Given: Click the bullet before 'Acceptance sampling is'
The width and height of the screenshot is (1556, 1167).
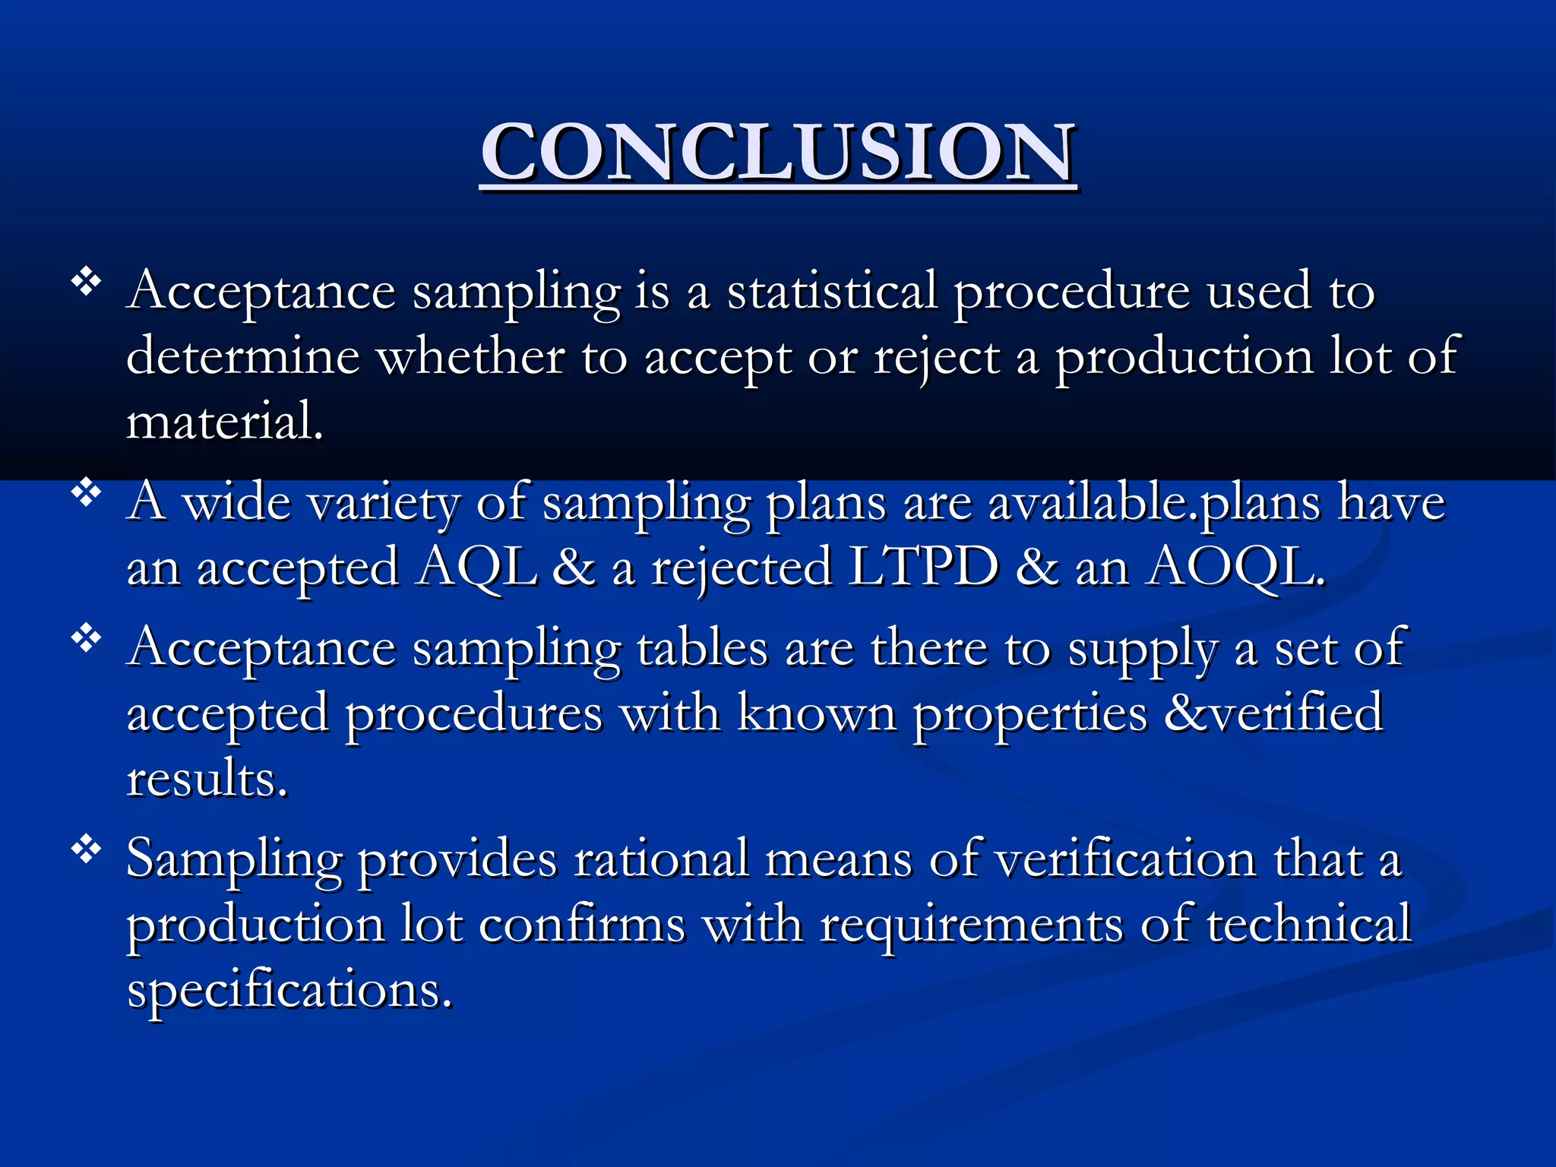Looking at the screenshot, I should coord(87,283).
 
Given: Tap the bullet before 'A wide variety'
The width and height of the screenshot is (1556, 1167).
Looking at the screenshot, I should coord(87,494).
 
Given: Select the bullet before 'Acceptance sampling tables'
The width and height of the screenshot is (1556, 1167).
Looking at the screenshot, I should coord(87,640).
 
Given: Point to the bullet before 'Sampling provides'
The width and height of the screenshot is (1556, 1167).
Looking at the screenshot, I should coord(87,850).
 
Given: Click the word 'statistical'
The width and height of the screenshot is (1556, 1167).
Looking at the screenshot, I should coord(832,291).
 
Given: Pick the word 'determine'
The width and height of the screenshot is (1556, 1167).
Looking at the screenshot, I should coord(242,356).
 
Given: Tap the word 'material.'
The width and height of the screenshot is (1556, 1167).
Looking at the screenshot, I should coord(225,422).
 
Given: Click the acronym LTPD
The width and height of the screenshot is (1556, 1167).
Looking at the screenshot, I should coord(923,567).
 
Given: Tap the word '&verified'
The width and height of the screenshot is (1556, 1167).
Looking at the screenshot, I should coord(1273,713).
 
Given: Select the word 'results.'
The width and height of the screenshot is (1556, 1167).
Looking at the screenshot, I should coord(207,780).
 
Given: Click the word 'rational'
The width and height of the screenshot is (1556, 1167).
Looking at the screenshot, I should coord(661,859).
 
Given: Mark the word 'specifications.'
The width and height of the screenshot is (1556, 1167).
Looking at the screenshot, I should coord(289,990).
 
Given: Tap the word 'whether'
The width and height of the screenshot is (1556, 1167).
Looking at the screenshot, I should coord(470,356).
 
